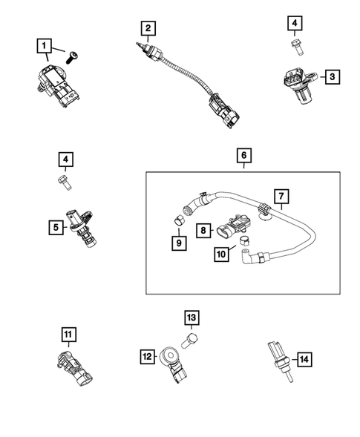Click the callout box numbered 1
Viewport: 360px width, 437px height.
click(45, 45)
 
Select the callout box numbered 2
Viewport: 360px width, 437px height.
click(148, 29)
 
